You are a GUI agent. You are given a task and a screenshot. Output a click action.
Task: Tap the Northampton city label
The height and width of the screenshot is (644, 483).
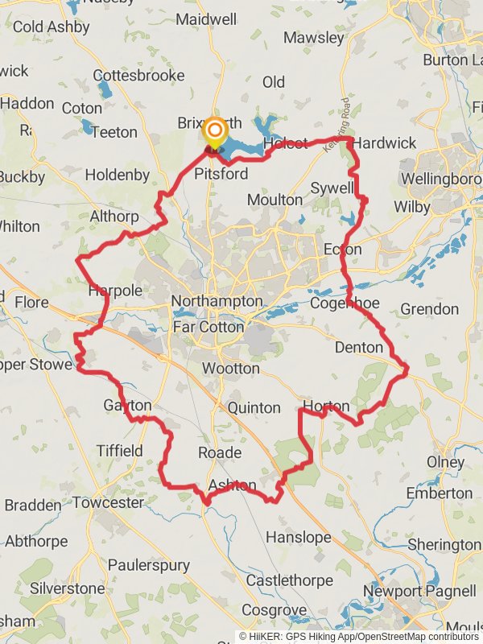(x=217, y=301)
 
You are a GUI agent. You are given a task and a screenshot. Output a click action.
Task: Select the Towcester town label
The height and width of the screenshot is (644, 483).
(x=109, y=503)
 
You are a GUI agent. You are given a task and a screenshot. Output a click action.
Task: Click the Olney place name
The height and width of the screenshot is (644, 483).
(x=445, y=463)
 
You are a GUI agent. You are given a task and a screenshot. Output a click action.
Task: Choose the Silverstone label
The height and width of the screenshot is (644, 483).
(x=68, y=588)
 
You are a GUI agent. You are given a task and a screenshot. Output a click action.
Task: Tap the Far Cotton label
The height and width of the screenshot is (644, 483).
(x=208, y=327)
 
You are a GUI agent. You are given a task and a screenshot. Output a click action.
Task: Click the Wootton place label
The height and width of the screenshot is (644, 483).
(x=231, y=368)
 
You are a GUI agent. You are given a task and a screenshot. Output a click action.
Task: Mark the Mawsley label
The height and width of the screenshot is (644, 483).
(x=313, y=38)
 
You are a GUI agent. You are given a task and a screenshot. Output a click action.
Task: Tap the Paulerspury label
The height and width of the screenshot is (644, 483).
(x=148, y=565)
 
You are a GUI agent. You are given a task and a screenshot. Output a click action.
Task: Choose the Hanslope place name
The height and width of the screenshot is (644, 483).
(x=298, y=536)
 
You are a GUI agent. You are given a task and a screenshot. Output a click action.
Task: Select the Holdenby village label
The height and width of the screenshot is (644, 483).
(x=118, y=174)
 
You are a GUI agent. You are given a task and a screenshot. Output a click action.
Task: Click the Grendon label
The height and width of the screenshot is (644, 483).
(x=429, y=309)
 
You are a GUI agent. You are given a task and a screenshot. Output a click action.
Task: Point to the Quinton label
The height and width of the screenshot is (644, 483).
(x=254, y=408)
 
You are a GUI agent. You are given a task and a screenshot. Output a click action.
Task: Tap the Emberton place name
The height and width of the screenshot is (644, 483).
(x=440, y=493)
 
